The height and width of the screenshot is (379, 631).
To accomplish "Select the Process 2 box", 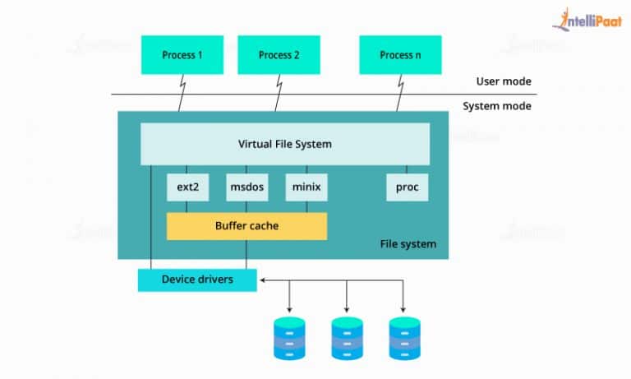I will (x=279, y=56).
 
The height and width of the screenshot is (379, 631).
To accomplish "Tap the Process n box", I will (x=400, y=56).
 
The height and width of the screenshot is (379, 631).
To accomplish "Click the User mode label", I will (x=503, y=81).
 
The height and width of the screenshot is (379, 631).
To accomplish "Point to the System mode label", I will (x=496, y=106).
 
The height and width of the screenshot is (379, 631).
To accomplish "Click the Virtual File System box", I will (x=285, y=145).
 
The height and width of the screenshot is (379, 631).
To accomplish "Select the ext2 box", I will (x=187, y=187).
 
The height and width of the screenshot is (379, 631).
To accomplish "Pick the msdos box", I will (x=246, y=187).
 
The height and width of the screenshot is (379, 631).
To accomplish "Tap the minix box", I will (x=306, y=187).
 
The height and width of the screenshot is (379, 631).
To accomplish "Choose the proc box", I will (x=408, y=187).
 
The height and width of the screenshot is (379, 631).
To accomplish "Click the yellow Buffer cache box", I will (x=246, y=225).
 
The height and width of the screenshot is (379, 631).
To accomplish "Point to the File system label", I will (x=408, y=244).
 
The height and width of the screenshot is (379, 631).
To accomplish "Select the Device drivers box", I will (x=197, y=280).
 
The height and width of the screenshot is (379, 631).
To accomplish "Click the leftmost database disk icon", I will (x=288, y=338).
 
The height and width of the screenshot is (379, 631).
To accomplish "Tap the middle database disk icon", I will (x=347, y=338).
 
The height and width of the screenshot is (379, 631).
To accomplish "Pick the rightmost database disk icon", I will (x=404, y=338).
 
